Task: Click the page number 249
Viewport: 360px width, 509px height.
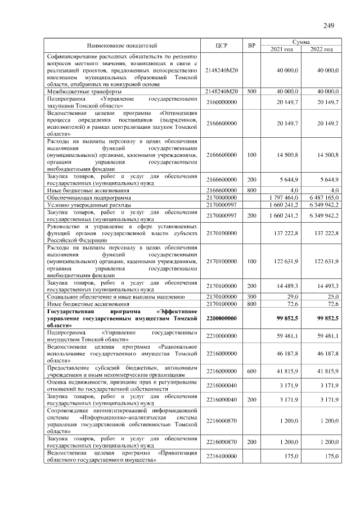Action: pyautogui.click(x=329, y=25)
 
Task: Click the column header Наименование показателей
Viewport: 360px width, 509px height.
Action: pyautogui.click(x=122, y=45)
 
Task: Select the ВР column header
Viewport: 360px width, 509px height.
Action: pyautogui.click(x=252, y=45)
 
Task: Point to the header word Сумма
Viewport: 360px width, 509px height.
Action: pyautogui.click(x=302, y=42)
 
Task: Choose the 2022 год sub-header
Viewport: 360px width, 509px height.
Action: pyautogui.click(x=322, y=49)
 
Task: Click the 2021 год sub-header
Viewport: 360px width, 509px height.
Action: pyautogui.click(x=282, y=49)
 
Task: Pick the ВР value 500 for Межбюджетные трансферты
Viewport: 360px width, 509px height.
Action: pyautogui.click(x=252, y=91)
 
